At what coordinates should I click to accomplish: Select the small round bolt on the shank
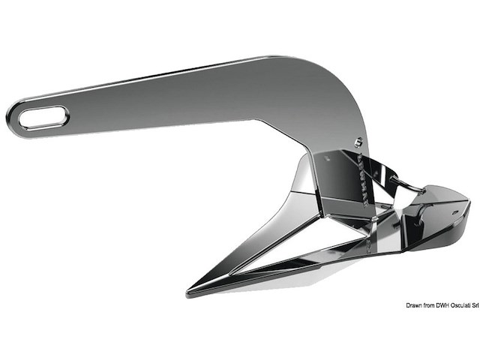pos(358,140)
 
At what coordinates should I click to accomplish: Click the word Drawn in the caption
pos(416,306)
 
